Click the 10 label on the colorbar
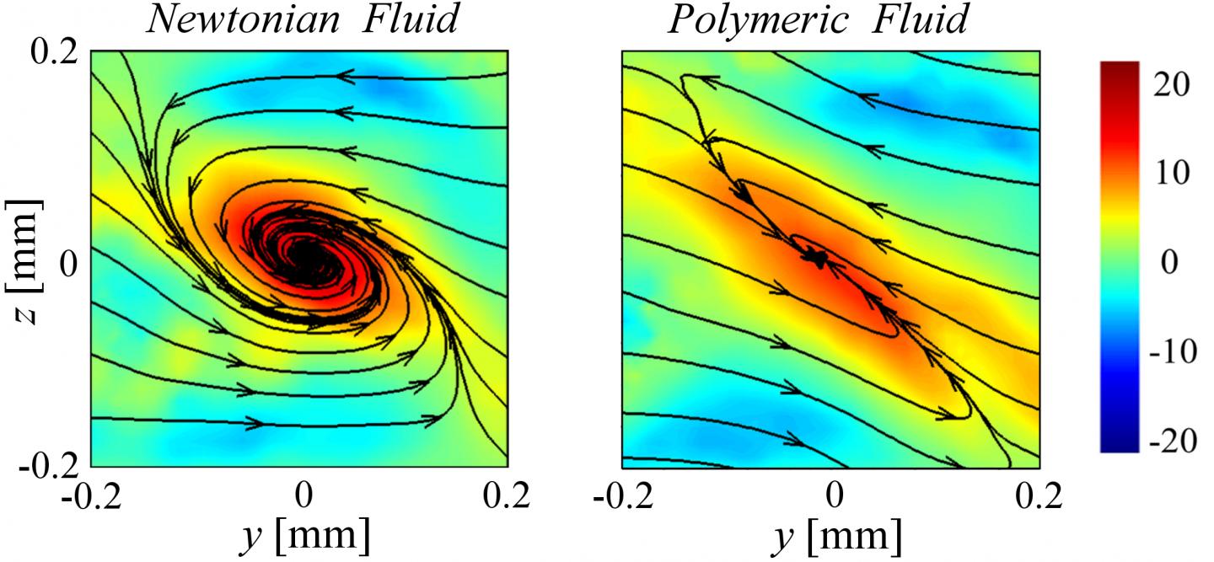click(1172, 174)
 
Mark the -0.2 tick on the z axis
click(47, 463)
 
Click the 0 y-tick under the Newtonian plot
click(303, 495)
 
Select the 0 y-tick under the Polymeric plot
click(834, 495)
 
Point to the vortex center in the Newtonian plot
click(304, 261)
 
